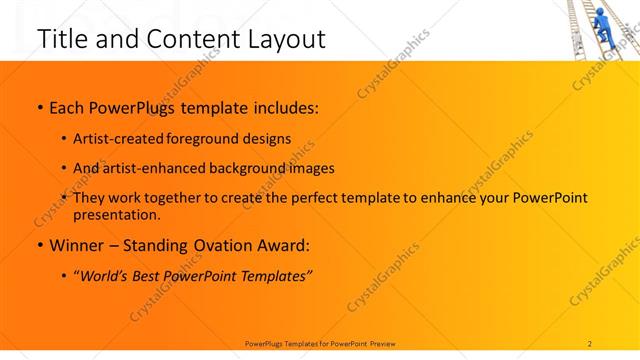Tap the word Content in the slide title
[180, 39]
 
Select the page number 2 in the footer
[590, 343]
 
